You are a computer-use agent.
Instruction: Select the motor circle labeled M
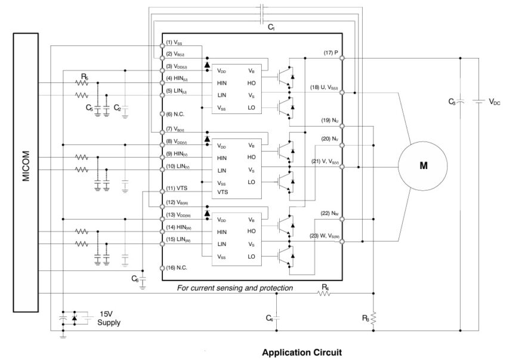tap(423, 167)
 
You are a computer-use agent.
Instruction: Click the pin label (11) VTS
tap(178, 189)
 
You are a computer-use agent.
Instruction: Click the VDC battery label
tap(494, 102)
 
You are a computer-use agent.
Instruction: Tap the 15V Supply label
tap(109, 318)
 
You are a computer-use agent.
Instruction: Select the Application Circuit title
tap(302, 352)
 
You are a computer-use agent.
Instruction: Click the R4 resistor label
tap(325, 288)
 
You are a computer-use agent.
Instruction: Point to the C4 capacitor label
tap(269, 318)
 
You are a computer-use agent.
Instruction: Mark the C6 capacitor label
tap(135, 279)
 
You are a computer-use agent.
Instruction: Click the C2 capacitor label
tap(118, 109)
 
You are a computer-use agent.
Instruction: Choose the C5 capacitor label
tap(89, 109)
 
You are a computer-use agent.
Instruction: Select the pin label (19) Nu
tap(329, 121)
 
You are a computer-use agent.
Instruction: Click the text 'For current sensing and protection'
tap(235, 288)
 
